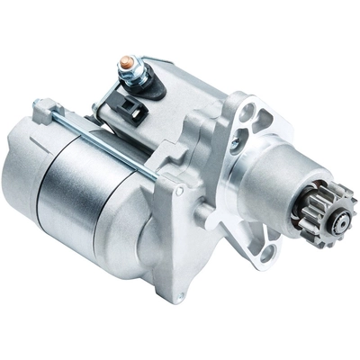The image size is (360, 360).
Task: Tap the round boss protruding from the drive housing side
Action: (x=206, y=214)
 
